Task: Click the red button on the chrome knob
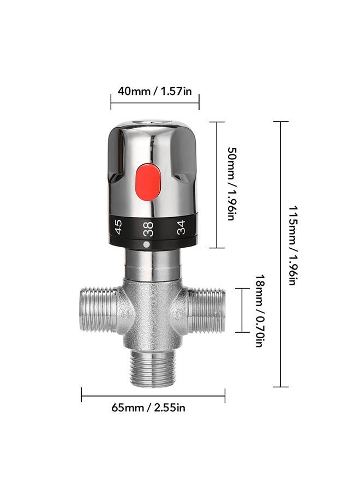(148, 181)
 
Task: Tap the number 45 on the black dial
(118, 226)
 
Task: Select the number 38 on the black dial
(148, 229)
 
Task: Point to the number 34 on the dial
(181, 226)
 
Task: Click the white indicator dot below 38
(146, 245)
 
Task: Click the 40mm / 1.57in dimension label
(155, 91)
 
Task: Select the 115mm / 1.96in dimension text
(293, 245)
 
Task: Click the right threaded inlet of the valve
(207, 310)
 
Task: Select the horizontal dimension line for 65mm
(153, 395)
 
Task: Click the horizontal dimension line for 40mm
(155, 102)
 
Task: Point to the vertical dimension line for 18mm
(242, 310)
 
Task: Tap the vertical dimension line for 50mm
(217, 184)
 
